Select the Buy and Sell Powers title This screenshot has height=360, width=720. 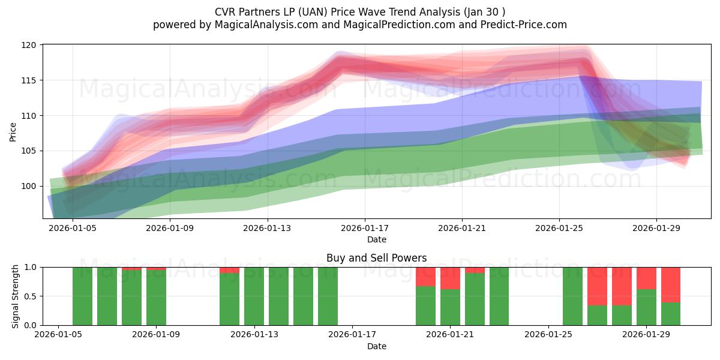(x=376, y=258)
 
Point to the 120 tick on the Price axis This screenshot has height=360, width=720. (x=29, y=45)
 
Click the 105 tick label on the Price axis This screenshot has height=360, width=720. (x=29, y=151)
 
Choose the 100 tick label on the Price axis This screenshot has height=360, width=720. (x=29, y=187)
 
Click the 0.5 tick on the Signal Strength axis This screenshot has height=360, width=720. (x=31, y=296)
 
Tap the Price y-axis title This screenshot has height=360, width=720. (x=13, y=132)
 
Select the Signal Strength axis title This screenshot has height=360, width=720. (x=15, y=296)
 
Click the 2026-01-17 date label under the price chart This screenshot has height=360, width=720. (x=365, y=228)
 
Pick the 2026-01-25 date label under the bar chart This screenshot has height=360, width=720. (x=548, y=335)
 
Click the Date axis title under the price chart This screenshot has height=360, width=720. (x=377, y=239)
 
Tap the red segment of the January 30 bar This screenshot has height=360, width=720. (x=671, y=285)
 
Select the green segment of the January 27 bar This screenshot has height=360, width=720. (x=597, y=316)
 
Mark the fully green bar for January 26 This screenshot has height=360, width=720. (x=573, y=296)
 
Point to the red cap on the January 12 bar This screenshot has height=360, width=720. (x=229, y=271)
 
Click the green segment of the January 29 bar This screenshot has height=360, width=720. (x=646, y=307)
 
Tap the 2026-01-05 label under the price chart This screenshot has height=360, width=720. (x=73, y=228)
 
